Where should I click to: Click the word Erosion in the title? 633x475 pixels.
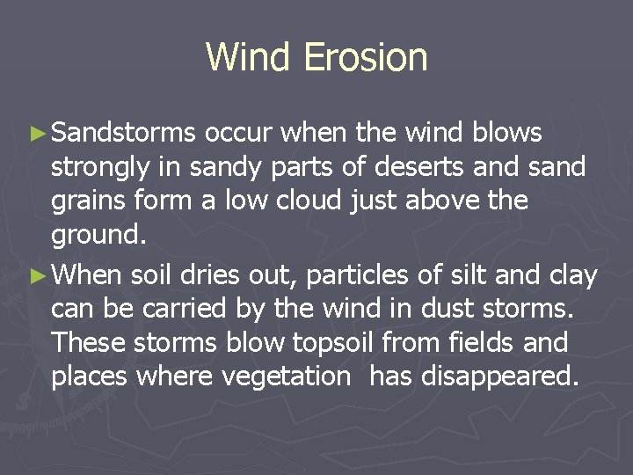pos(366,57)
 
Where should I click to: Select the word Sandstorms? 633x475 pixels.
pos(123,133)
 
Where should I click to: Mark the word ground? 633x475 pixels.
pos(96,236)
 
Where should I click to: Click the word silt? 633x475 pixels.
pos(465,275)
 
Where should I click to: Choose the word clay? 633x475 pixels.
pos(572,275)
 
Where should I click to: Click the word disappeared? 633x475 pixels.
pos(498,377)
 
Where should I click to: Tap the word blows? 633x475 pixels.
pos(507,133)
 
